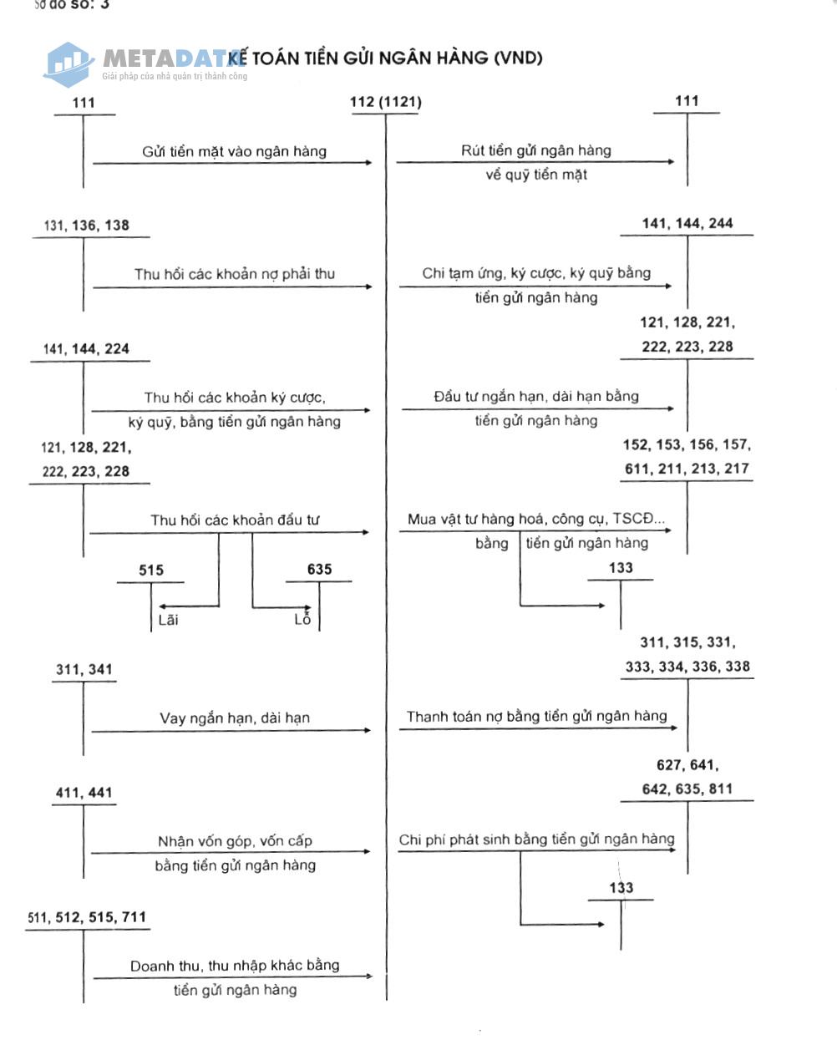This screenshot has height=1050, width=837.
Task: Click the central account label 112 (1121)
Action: pyautogui.click(x=385, y=102)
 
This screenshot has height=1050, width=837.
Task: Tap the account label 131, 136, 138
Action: pyautogui.click(x=86, y=226)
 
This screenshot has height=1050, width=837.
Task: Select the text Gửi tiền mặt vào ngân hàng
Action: pyautogui.click(x=234, y=151)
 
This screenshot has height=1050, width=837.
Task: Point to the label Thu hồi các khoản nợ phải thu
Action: pyautogui.click(x=234, y=274)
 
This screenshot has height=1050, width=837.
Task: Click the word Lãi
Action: pyautogui.click(x=168, y=620)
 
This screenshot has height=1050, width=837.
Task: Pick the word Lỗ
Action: pyautogui.click(x=302, y=620)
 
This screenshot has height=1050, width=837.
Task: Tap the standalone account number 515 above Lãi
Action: pyautogui.click(x=151, y=571)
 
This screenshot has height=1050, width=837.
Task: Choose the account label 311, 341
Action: pyautogui.click(x=84, y=669)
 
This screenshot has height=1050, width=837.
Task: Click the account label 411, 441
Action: pyautogui.click(x=84, y=793)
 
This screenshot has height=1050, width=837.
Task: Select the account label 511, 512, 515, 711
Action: pyautogui.click(x=86, y=917)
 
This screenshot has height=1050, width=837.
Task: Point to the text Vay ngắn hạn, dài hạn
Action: pyautogui.click(x=234, y=718)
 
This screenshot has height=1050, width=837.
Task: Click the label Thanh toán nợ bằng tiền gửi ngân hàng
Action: pyautogui.click(x=536, y=716)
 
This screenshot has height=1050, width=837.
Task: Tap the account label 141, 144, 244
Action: pyautogui.click(x=687, y=223)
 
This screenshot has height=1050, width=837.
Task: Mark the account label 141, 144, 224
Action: pyautogui.click(x=86, y=349)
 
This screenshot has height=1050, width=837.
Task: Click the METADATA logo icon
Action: pyautogui.click(x=68, y=63)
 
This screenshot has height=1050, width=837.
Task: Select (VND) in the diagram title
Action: pyautogui.click(x=518, y=58)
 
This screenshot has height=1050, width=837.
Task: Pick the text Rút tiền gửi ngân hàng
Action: pyautogui.click(x=536, y=150)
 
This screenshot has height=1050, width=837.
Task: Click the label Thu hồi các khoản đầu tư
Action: pyautogui.click(x=235, y=520)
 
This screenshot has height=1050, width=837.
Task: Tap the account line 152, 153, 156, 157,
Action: pyautogui.click(x=687, y=445)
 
